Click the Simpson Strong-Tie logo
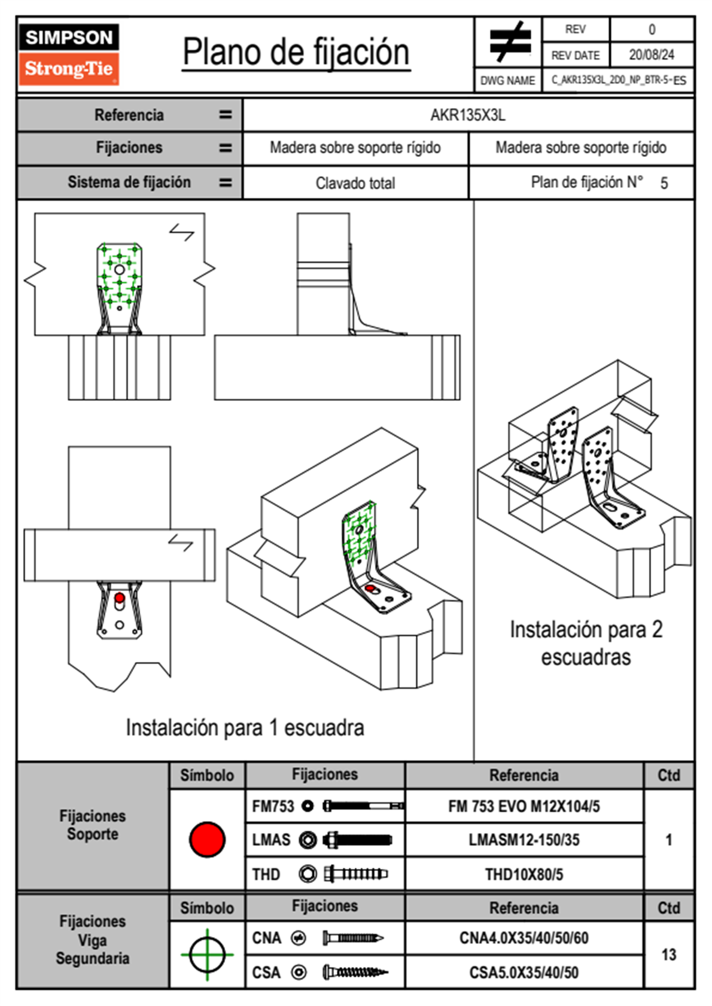69,54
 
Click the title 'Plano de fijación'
296,53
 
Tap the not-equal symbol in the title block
509,42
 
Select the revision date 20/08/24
651,55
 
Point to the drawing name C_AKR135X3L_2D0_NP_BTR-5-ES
619,80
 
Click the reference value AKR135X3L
468,115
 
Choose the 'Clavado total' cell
355,183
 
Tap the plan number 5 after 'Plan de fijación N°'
664,183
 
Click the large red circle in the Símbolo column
207,839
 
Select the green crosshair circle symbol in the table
207,955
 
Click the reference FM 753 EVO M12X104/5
524,806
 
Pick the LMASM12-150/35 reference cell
524,840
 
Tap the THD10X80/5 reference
524,874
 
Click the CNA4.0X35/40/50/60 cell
524,938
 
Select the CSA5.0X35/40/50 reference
524,973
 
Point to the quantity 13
668,955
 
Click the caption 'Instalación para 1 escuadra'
245,728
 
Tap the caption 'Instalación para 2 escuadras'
586,643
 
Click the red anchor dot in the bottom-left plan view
120,597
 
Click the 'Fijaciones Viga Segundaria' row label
92,940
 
